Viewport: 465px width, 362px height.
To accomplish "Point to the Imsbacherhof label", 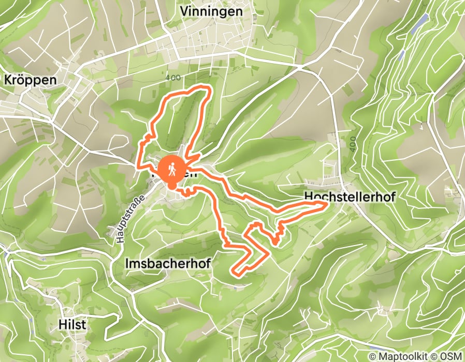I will pyautogui.click(x=168, y=264).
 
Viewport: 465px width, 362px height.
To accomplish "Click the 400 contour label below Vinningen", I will pyautogui.click(x=174, y=78).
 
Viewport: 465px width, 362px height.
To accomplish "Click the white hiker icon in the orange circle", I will pyautogui.click(x=170, y=169).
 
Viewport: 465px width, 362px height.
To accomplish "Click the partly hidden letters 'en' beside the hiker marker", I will pyautogui.click(x=190, y=174).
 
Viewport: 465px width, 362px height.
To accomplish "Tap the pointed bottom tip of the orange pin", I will pyautogui.click(x=170, y=186).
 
